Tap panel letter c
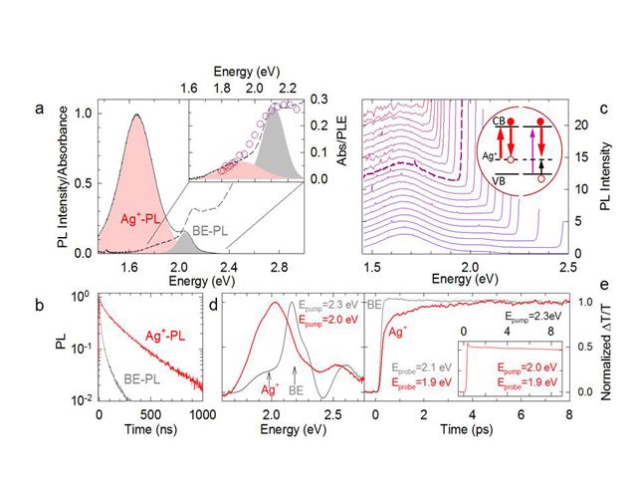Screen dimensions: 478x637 [x=606, y=109]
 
